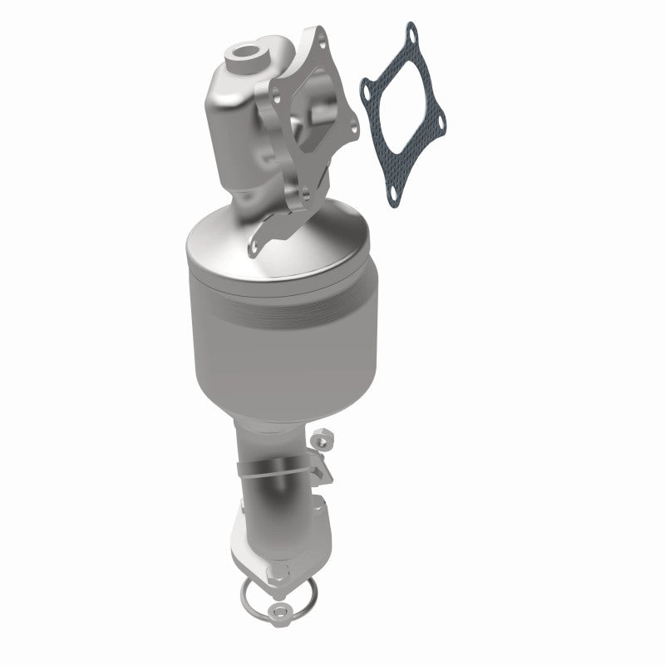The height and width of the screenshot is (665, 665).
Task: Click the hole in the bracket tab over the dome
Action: coord(256,244)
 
